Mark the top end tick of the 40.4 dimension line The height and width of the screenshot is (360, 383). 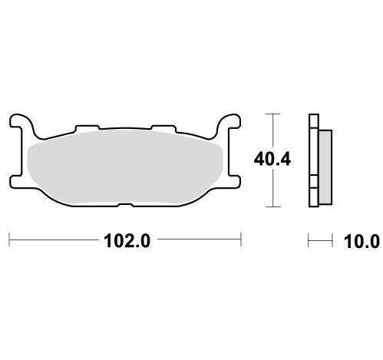pos(271,114)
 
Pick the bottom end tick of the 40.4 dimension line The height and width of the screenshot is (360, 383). pos(271,207)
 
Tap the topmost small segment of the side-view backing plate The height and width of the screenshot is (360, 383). pos(312,121)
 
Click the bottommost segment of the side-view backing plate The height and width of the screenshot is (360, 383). pos(312,202)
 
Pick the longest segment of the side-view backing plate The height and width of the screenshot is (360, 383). pos(312,161)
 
